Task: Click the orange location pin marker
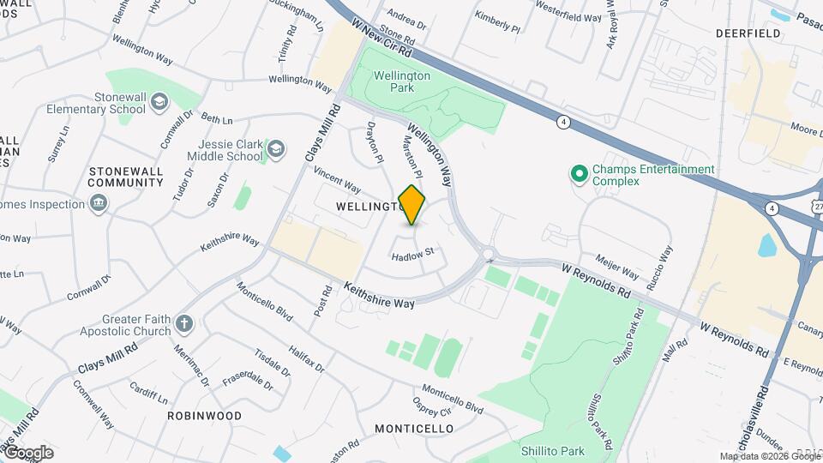pyautogui.click(x=412, y=205)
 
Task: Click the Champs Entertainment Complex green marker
pyautogui.click(x=580, y=175)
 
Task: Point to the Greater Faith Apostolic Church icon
pyautogui.click(x=183, y=324)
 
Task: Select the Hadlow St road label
pyautogui.click(x=414, y=254)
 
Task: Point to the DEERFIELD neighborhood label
pyautogui.click(x=748, y=33)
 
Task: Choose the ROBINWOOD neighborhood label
pyautogui.click(x=204, y=415)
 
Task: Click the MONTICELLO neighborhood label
pyautogui.click(x=414, y=428)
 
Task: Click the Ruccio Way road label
pyautogui.click(x=665, y=267)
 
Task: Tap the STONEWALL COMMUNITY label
pyautogui.click(x=125, y=177)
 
